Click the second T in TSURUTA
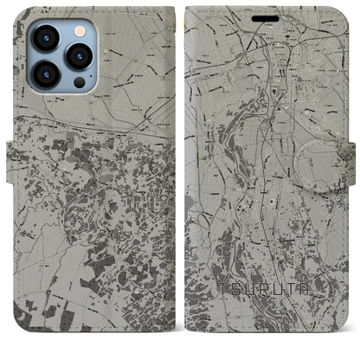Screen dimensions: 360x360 point(302,306)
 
